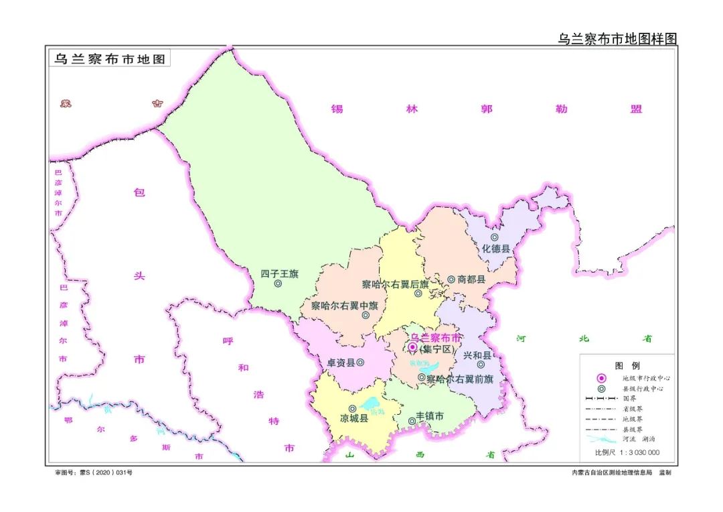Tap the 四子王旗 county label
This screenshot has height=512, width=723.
[x=279, y=273]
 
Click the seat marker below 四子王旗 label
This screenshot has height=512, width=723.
[x=278, y=283]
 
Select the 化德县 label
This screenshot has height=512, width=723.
[x=495, y=249]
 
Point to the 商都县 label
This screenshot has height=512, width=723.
[x=471, y=279]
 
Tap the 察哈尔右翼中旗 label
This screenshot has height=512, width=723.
[x=344, y=306]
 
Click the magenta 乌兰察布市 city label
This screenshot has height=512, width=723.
[x=435, y=337]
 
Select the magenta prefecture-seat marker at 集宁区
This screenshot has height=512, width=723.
[x=412, y=347]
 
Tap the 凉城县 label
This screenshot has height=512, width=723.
[x=354, y=418]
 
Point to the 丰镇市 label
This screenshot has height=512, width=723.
[x=430, y=416]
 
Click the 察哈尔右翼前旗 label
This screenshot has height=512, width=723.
[x=459, y=379]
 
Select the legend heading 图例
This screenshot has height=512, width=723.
[x=627, y=366]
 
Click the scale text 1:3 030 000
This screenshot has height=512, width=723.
[x=627, y=452]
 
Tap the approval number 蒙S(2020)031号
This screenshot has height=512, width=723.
[x=94, y=472]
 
